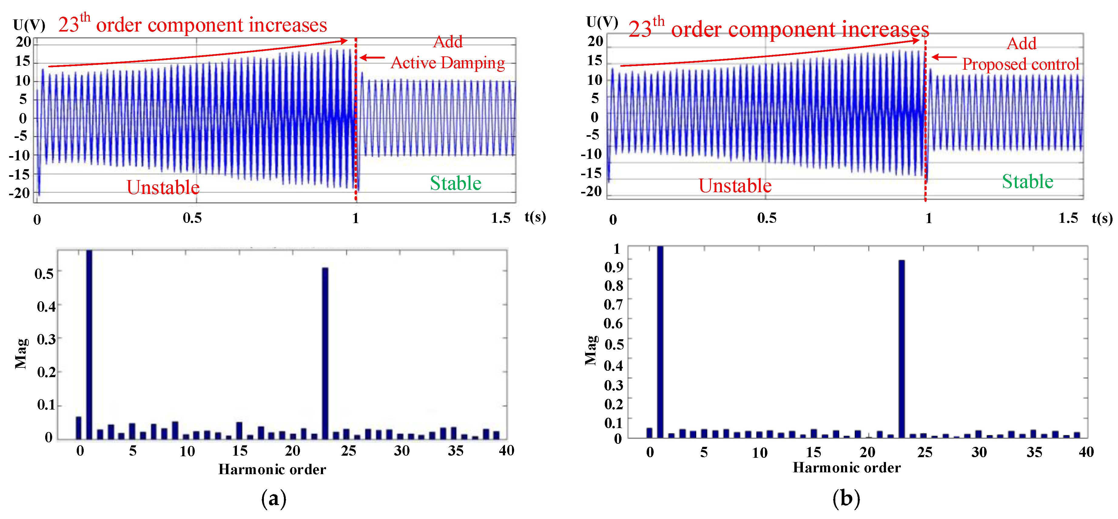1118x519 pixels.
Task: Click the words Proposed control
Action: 1020,64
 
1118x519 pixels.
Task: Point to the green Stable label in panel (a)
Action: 455,183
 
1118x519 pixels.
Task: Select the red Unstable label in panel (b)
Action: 735,186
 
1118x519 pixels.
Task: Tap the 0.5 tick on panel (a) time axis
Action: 192,218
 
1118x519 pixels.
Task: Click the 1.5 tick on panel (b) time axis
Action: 1068,218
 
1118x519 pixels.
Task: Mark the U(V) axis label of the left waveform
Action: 29,25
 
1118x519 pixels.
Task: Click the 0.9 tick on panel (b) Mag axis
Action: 614,267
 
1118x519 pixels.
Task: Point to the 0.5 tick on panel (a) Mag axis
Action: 44,274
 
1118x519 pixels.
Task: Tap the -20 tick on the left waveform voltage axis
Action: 19,193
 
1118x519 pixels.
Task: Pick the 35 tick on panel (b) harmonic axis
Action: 1034,452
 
